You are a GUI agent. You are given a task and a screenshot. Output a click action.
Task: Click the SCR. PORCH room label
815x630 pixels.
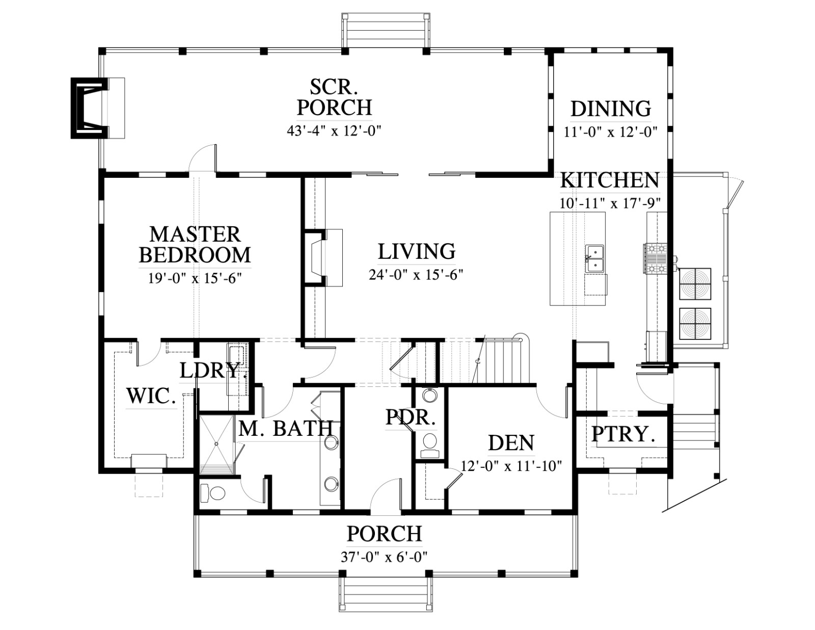click(x=334, y=97)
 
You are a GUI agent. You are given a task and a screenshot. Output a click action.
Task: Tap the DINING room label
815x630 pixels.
click(x=611, y=109)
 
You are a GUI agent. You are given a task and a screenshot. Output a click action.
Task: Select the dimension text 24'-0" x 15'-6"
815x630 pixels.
click(x=416, y=275)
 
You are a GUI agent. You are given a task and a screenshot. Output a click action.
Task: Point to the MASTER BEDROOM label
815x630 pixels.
click(x=195, y=245)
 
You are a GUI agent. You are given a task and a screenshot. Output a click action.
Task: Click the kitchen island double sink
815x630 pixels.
click(x=594, y=258)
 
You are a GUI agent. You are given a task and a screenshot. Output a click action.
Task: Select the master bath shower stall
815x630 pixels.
click(x=217, y=444)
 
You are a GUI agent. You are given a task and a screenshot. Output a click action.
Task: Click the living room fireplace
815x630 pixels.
click(x=322, y=258)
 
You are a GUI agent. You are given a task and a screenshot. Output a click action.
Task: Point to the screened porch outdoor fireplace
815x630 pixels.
click(x=97, y=108)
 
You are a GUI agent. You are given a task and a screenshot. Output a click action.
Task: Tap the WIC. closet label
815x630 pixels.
click(x=151, y=396)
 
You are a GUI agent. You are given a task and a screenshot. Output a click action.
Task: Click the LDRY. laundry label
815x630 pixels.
click(x=210, y=371)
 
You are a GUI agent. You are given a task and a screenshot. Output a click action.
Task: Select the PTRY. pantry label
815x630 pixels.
click(x=623, y=434)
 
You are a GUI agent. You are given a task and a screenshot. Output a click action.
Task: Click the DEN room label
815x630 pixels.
click(x=511, y=442)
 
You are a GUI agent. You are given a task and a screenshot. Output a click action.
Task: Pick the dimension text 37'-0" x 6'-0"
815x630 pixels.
click(x=385, y=557)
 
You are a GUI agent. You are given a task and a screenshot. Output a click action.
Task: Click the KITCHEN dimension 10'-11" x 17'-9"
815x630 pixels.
click(x=610, y=203)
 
